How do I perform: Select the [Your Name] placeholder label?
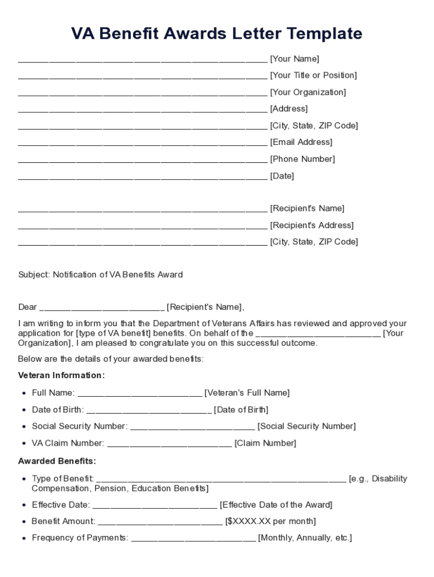[x=294, y=59]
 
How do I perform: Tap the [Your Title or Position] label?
[x=313, y=76]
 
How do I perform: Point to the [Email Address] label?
[x=301, y=142]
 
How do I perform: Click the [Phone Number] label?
[x=302, y=159]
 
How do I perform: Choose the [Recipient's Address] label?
[x=312, y=225]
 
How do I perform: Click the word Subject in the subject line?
[x=34, y=275]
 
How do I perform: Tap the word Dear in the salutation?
[x=28, y=307]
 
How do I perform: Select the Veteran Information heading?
[x=61, y=375]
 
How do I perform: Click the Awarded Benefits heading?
[x=57, y=461]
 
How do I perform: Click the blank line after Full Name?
[x=139, y=394]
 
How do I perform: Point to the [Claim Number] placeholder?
[x=265, y=443]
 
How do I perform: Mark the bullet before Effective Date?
[x=24, y=505]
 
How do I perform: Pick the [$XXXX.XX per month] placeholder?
[x=270, y=521]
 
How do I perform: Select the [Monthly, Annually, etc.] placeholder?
[x=305, y=538]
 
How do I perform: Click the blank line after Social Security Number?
[x=192, y=427]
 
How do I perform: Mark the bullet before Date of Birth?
[x=24, y=410]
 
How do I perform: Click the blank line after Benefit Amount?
[x=160, y=522]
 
